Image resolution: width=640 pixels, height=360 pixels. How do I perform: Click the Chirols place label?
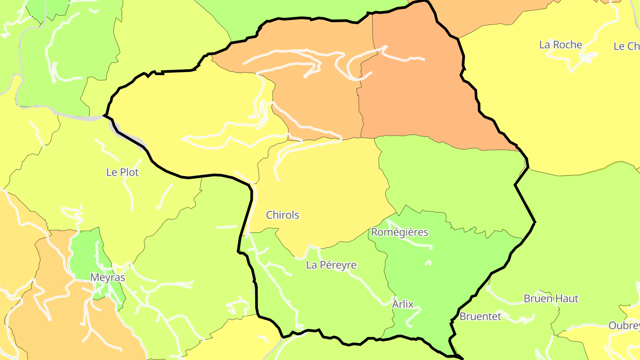(x=282, y=215)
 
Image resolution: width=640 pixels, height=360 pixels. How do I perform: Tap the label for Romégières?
(x=400, y=232)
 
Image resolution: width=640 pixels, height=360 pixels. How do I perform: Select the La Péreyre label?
(x=331, y=265)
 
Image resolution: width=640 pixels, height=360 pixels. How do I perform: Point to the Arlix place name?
(x=403, y=304)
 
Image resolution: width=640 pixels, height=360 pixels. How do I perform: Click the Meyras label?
(x=107, y=277)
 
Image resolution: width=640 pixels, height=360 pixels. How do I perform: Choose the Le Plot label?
(x=122, y=172)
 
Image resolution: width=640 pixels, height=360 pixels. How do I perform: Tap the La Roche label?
(x=560, y=44)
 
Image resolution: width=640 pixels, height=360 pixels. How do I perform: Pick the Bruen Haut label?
(x=551, y=299)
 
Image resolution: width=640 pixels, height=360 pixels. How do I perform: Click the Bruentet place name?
(x=480, y=316)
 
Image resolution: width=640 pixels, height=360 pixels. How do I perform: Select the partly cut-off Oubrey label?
(x=624, y=325)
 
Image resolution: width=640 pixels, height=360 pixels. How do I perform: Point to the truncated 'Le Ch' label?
(x=626, y=46)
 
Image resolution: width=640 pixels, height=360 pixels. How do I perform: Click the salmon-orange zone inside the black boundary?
(x=413, y=102)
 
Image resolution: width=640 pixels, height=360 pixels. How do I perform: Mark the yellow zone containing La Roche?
(x=556, y=111)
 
